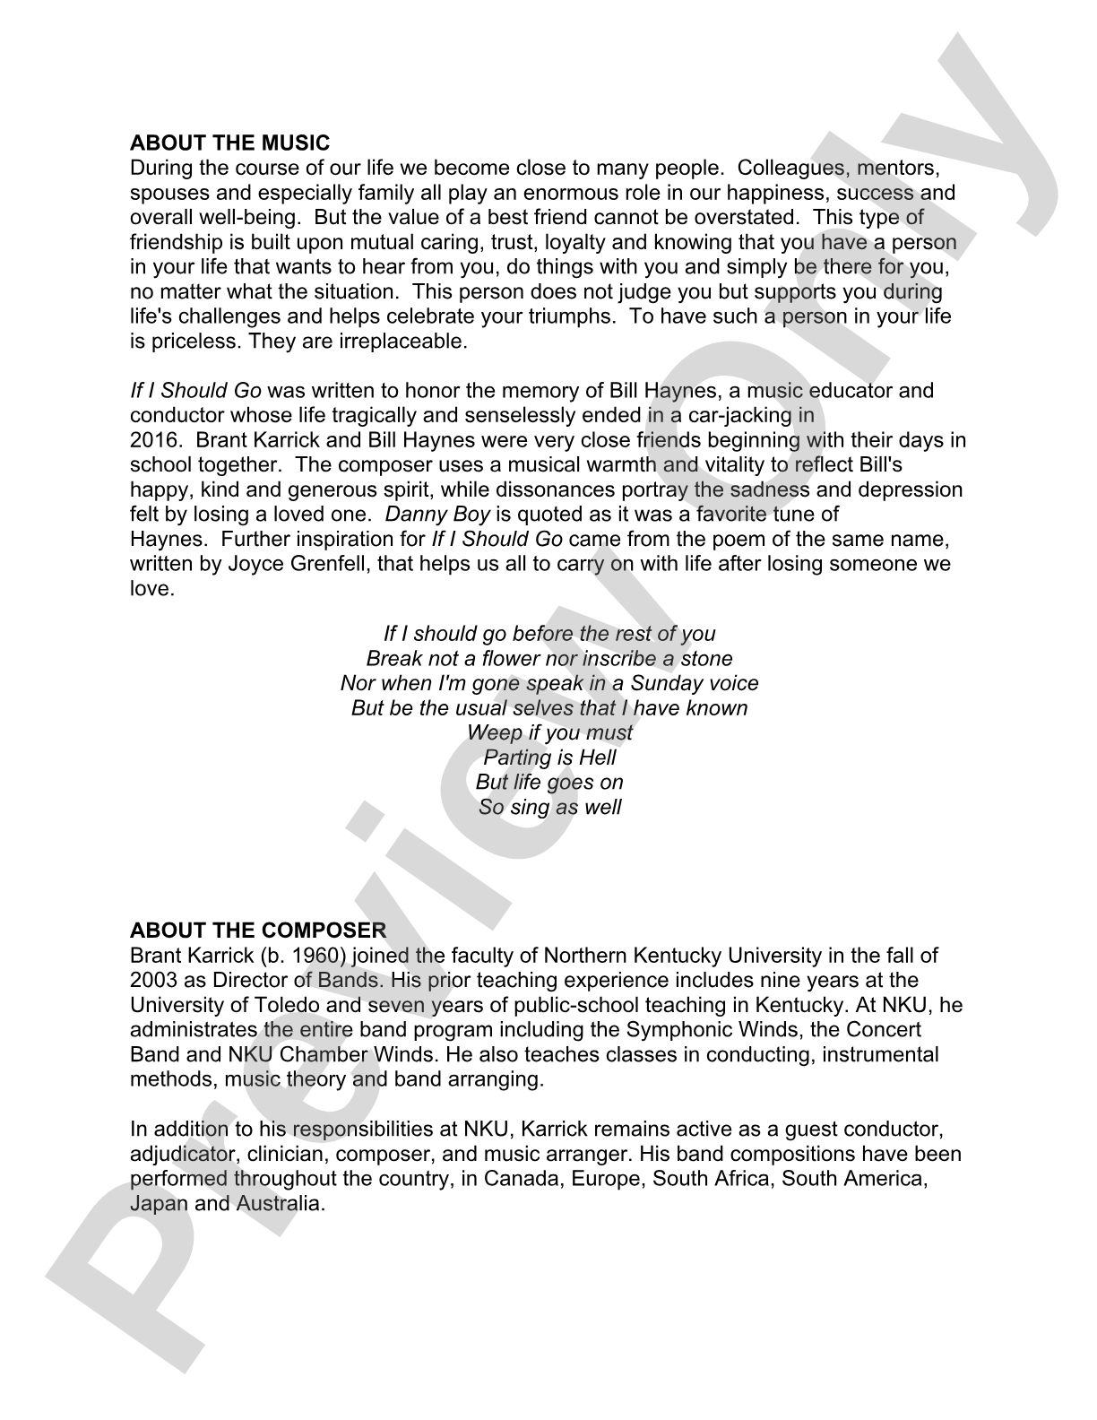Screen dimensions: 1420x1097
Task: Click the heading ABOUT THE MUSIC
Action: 229,143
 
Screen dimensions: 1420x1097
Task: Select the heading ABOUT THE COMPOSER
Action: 258,931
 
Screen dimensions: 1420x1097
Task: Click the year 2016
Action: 153,440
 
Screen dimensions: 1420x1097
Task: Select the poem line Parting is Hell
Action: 548,758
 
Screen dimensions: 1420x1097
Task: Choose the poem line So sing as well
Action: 548,807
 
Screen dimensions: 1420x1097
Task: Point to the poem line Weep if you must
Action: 548,732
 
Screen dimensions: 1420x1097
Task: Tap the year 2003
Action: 153,980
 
